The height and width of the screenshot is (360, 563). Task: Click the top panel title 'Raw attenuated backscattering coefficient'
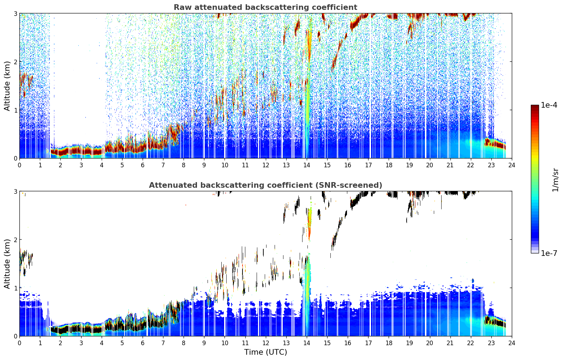tap(265, 7)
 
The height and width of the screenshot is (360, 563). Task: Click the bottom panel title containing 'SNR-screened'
tap(265, 185)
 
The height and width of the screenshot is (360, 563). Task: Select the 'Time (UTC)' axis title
tap(265, 352)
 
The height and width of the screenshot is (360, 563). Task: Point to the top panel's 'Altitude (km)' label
tap(7, 86)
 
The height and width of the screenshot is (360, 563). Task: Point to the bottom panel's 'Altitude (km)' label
tap(7, 264)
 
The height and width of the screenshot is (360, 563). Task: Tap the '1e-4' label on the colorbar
tap(549, 105)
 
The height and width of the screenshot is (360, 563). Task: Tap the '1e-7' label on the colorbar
tap(549, 253)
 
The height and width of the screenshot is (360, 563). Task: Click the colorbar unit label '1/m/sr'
tap(555, 180)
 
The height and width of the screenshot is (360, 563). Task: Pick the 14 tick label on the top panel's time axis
tap(307, 165)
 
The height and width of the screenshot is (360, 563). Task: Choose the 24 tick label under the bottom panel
tap(512, 343)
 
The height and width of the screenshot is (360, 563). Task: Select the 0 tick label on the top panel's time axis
tap(20, 165)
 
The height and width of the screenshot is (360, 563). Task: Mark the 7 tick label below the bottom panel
tap(163, 343)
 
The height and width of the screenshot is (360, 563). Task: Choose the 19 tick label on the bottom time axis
tap(409, 343)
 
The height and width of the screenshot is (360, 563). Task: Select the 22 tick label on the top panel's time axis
tap(471, 165)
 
